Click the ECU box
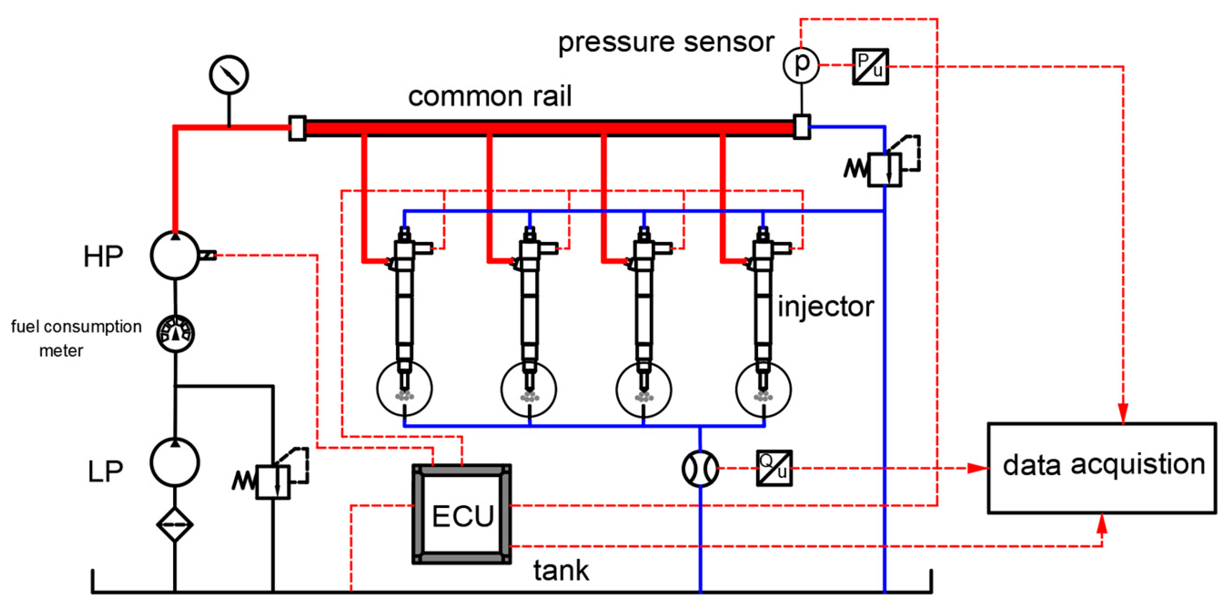[462, 514]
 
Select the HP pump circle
[175, 255]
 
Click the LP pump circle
[175, 462]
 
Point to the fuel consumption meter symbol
[176, 333]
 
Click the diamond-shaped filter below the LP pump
[175, 524]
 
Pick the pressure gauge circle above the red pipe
[229, 75]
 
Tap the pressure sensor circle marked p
[801, 65]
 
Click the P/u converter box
[870, 66]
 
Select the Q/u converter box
[774, 468]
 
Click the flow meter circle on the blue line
[700, 468]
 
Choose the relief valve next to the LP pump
[273, 481]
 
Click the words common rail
[489, 96]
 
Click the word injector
[825, 306]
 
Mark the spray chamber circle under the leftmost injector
[404, 388]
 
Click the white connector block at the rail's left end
[297, 128]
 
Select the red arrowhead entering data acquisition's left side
[978, 468]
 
